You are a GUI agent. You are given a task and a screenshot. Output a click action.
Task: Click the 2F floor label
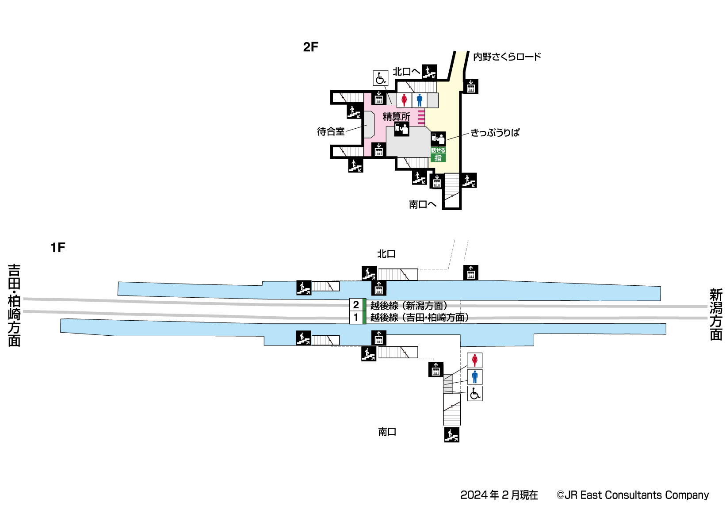(310, 47)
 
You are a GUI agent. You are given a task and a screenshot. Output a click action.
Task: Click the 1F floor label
(57, 247)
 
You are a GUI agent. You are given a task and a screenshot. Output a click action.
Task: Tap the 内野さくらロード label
(507, 57)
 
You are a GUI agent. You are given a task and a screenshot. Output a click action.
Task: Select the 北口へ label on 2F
(406, 72)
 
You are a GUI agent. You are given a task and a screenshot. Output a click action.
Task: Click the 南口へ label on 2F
(422, 204)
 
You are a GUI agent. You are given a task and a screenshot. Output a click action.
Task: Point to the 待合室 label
(331, 131)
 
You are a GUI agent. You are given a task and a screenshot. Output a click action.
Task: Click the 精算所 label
(396, 116)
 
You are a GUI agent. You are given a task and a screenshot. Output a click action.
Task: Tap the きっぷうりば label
(495, 133)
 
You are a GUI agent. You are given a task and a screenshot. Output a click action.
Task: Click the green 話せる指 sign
(438, 154)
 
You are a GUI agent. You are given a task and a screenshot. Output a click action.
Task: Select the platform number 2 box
(356, 305)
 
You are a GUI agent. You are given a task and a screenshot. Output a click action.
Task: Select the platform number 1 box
(356, 317)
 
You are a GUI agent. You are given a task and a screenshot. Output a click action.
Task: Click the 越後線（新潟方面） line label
(409, 305)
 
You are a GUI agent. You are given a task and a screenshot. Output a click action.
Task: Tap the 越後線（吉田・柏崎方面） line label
(420, 317)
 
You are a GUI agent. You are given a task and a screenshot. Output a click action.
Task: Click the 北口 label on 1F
(386, 254)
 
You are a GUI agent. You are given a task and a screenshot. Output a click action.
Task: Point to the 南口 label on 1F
(387, 432)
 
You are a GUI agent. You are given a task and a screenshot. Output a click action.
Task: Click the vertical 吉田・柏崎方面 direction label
(14, 305)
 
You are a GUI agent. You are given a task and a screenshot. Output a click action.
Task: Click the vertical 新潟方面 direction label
(716, 314)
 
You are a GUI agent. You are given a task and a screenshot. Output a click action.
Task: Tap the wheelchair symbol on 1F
(475, 393)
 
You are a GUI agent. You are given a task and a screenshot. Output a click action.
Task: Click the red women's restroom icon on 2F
(404, 100)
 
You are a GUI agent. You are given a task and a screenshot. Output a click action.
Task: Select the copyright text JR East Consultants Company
(633, 495)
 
